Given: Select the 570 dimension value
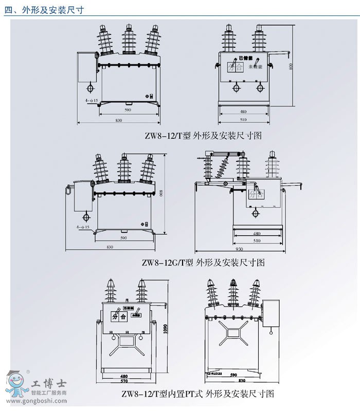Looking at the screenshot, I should (x=124, y=382).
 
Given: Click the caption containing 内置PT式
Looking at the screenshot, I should (x=197, y=394).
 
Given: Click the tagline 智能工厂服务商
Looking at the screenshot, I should (x=49, y=392).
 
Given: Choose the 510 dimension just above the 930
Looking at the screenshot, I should (x=257, y=240).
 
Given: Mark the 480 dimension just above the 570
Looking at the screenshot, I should (x=124, y=376).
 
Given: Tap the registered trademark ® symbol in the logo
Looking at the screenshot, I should (x=27, y=372).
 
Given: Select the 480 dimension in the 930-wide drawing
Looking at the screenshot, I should (x=257, y=233).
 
